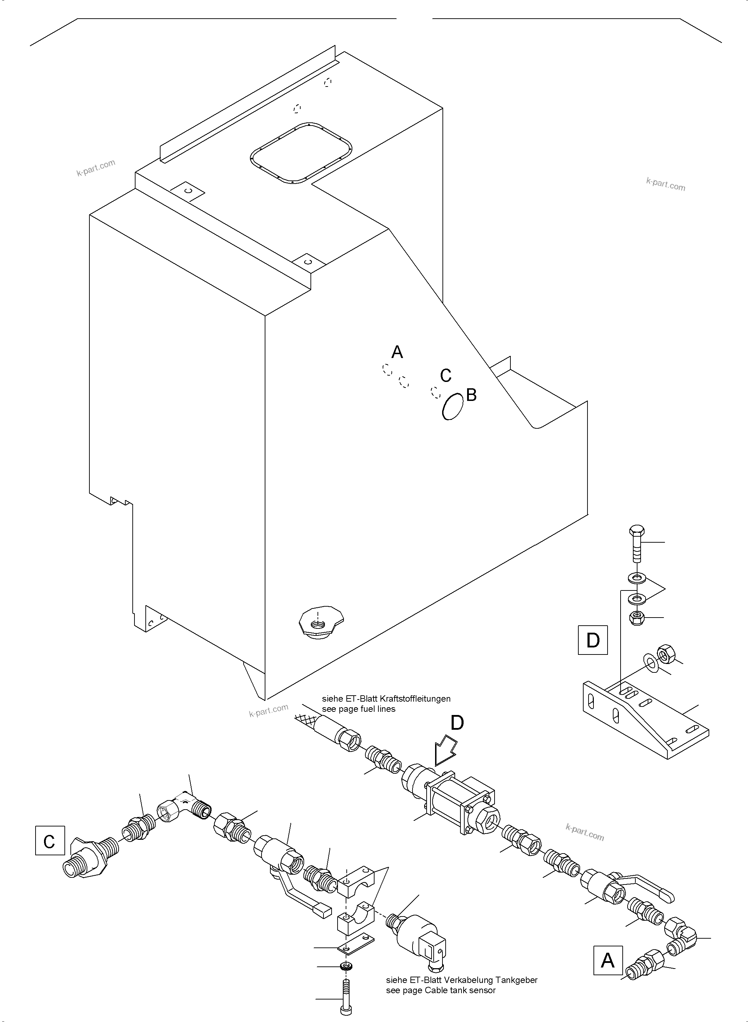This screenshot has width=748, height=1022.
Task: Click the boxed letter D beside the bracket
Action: tap(593, 640)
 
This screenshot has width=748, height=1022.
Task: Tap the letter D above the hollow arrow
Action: tap(457, 722)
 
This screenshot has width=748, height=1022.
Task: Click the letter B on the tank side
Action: tap(471, 395)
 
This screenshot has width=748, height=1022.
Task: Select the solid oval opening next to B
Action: tap(453, 406)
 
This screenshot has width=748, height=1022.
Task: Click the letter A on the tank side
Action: tap(397, 352)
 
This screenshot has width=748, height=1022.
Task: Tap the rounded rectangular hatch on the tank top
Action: tap(301, 153)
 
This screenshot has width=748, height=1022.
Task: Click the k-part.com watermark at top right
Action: tap(665, 184)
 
